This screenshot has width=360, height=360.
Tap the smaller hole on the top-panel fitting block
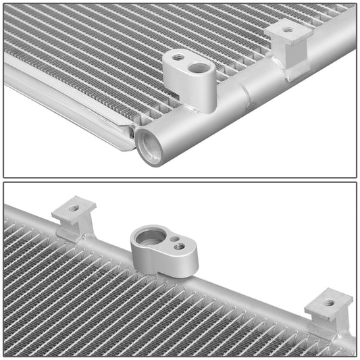pos(178,58)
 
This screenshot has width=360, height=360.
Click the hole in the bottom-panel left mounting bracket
pos(74,207)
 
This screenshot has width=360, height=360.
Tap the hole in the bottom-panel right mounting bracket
pos(328,302)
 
